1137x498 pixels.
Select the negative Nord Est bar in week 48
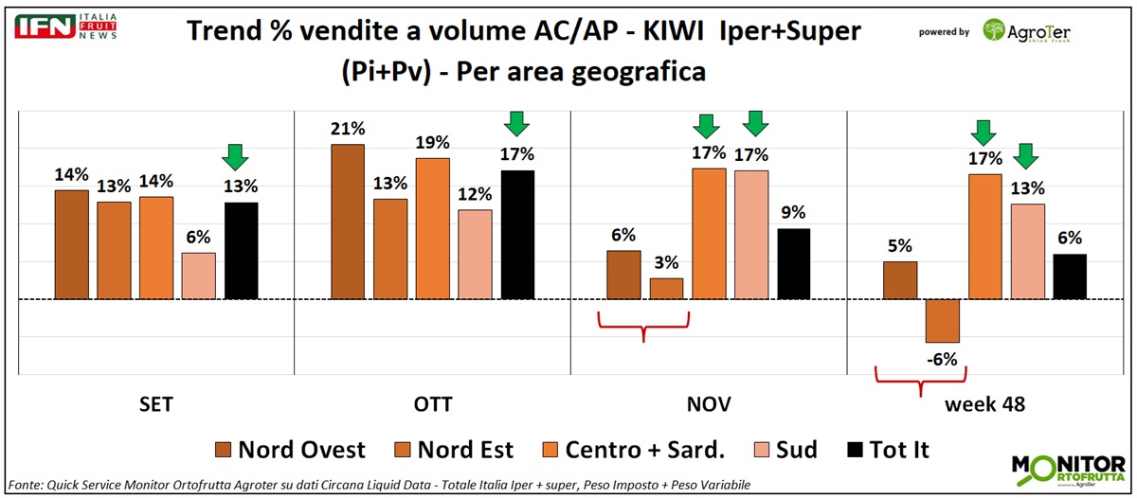[943, 321]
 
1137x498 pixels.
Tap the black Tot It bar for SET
[241, 251]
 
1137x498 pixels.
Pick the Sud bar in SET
[198, 276]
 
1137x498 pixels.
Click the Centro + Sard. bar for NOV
[709, 234]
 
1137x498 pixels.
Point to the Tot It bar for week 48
[1070, 276]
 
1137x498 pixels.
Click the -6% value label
[943, 359]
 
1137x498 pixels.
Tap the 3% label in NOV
[667, 262]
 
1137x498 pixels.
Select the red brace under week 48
[919, 382]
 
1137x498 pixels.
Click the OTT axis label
[433, 405]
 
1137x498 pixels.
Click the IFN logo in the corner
[45, 27]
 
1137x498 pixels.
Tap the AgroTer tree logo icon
[995, 31]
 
